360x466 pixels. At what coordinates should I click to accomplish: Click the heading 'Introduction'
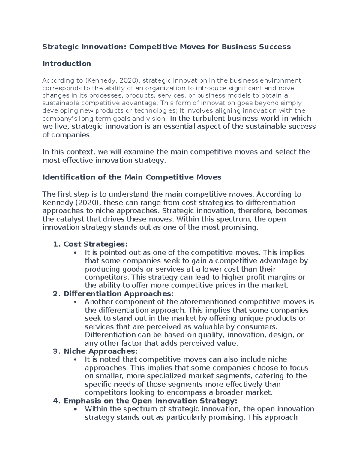(x=67, y=64)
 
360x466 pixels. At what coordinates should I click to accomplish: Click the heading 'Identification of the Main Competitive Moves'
(x=132, y=177)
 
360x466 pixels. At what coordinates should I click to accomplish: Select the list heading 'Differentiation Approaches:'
(x=118, y=293)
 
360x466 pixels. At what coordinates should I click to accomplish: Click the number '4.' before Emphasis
(x=57, y=401)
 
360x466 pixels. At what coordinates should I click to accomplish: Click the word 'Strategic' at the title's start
(x=58, y=47)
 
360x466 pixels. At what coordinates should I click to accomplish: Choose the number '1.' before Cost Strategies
(x=57, y=244)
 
